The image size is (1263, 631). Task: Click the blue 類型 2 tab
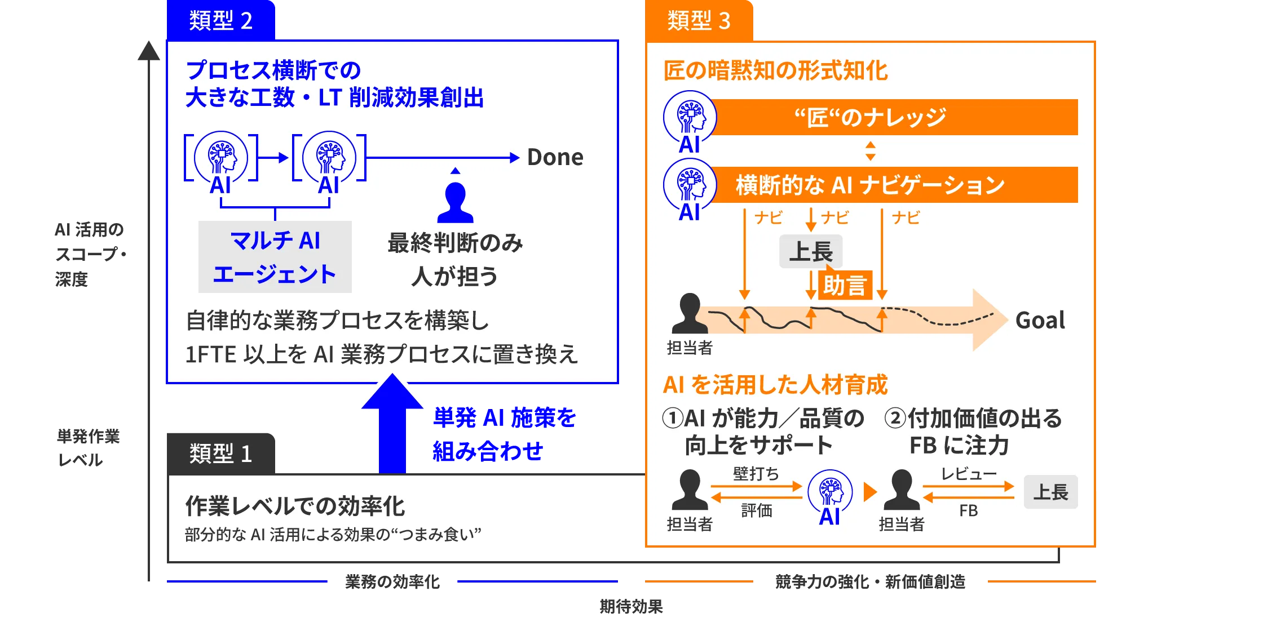click(220, 20)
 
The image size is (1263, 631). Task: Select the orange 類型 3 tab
click(699, 20)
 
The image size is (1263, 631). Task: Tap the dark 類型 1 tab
click(220, 454)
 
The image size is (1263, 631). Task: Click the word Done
click(555, 157)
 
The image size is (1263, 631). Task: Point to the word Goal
click(1040, 320)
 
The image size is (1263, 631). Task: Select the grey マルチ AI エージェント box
click(275, 257)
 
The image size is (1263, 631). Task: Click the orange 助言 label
click(845, 285)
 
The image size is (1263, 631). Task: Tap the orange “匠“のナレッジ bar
click(894, 117)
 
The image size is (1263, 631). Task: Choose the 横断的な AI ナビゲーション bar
click(894, 185)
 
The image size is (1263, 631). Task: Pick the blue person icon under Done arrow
click(456, 203)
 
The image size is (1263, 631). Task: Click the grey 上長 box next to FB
click(1050, 492)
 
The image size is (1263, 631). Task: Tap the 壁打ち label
click(756, 473)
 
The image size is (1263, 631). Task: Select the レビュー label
click(969, 473)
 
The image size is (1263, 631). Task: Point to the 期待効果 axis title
click(631, 606)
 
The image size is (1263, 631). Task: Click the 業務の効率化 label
click(392, 581)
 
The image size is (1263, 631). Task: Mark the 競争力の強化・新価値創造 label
click(870, 581)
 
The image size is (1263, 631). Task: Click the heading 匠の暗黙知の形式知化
click(775, 70)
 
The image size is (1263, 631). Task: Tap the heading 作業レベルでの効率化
click(295, 506)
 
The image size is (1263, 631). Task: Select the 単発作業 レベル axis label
click(88, 448)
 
